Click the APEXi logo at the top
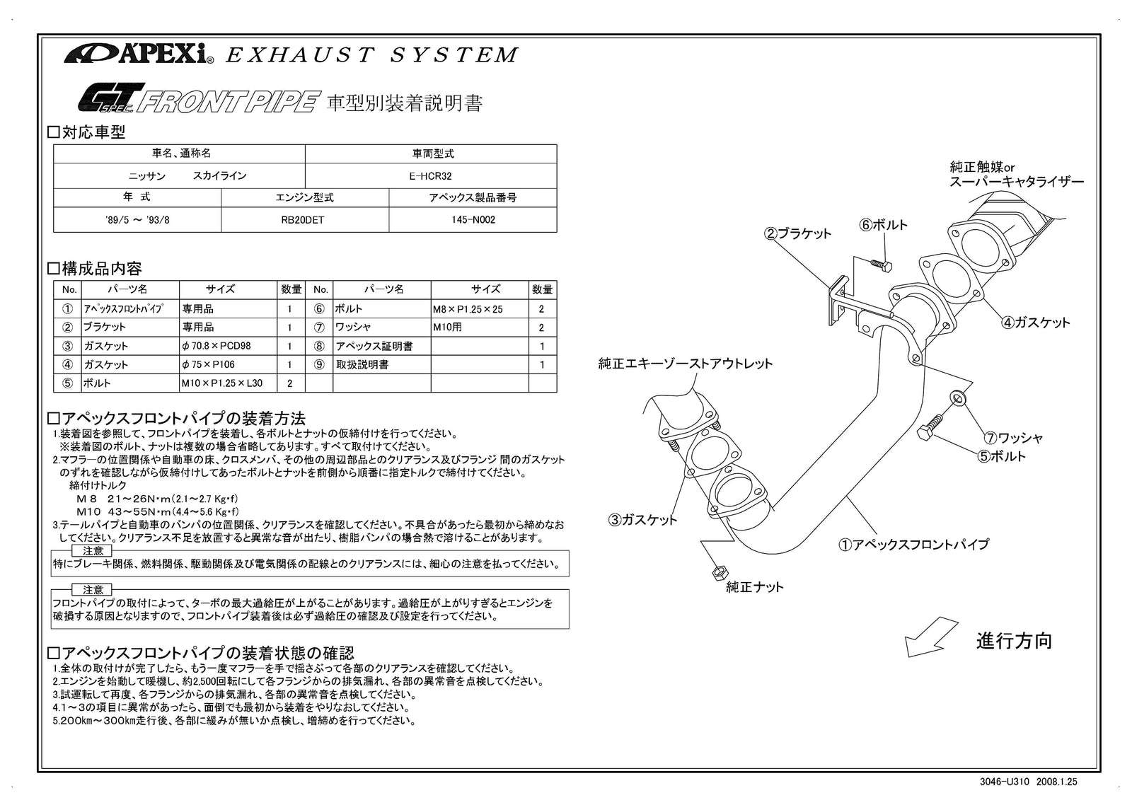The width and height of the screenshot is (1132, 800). (139, 54)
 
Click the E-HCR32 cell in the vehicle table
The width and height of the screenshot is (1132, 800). (430, 176)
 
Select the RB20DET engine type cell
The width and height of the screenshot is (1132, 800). (304, 220)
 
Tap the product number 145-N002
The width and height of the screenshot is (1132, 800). (473, 220)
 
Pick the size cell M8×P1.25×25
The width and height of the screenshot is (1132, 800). (468, 309)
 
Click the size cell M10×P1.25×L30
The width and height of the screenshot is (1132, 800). (221, 383)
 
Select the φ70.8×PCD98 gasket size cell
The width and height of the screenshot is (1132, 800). (216, 347)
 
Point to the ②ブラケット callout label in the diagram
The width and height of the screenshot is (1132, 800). (797, 233)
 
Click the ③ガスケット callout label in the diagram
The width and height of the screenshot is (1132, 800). (642, 520)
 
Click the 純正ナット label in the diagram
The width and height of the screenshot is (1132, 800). (755, 587)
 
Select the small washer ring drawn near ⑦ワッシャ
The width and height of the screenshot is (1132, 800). (957, 399)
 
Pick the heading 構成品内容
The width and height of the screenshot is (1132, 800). (101, 269)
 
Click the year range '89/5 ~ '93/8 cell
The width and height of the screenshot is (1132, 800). (137, 220)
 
